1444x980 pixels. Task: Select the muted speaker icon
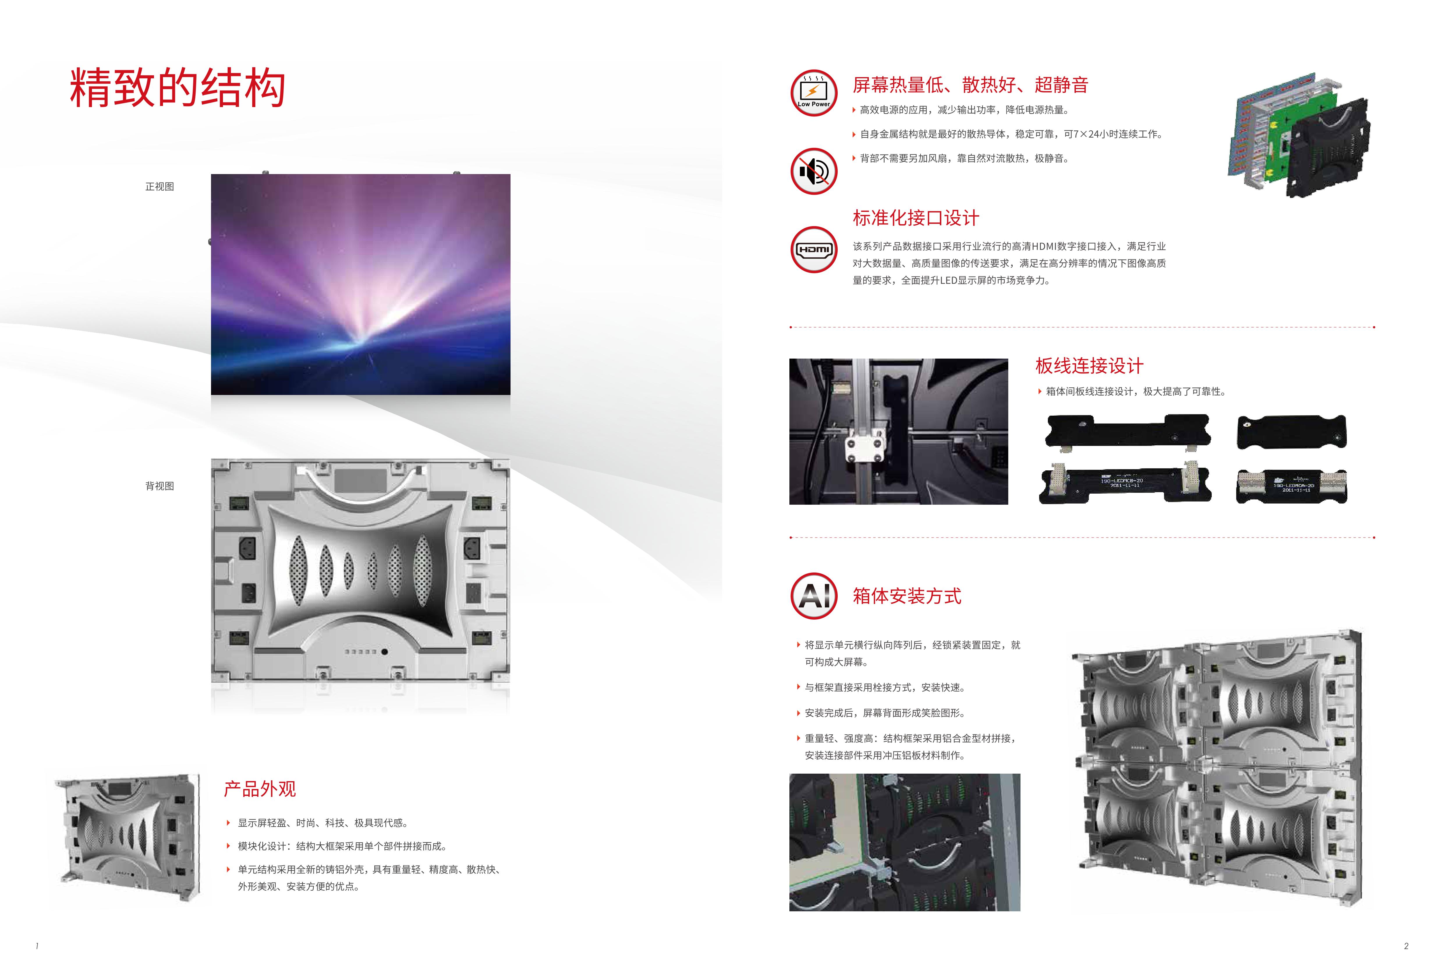pyautogui.click(x=814, y=171)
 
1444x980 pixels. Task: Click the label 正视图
pyautogui.click(x=160, y=187)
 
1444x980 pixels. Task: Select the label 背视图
pyautogui.click(x=160, y=486)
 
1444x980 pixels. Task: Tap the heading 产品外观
pyautogui.click(x=260, y=788)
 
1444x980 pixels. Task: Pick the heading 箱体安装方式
pyautogui.click(x=907, y=596)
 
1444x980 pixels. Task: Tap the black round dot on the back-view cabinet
pyautogui.click(x=385, y=652)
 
